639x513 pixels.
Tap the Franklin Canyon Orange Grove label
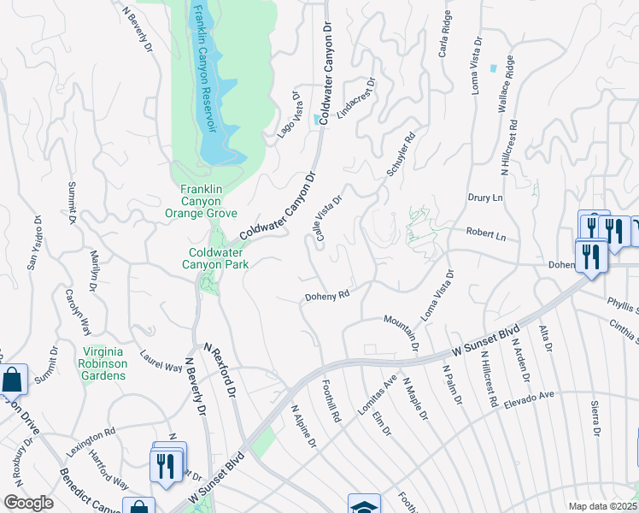point(208,201)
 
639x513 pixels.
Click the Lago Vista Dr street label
point(290,116)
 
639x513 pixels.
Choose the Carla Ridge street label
point(444,35)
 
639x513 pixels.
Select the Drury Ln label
point(483,198)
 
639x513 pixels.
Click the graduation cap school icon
point(363,504)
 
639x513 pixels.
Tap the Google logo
point(28,503)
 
